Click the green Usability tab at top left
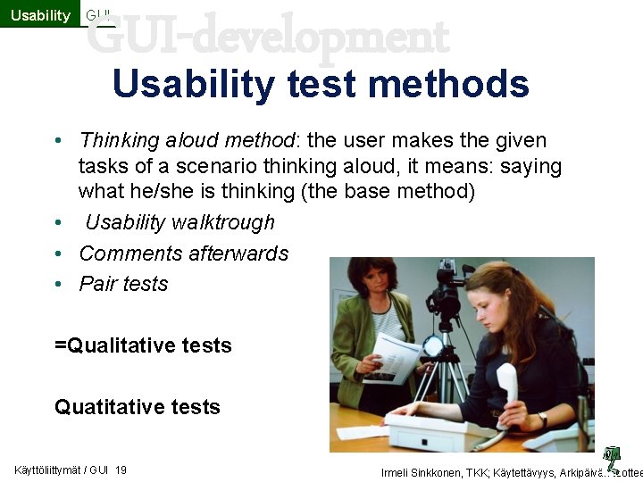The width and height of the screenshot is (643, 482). point(40,14)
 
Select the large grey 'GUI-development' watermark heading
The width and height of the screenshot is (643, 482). point(268,37)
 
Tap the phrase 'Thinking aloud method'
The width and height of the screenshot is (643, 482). point(187,141)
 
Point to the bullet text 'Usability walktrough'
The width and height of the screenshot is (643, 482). point(180,222)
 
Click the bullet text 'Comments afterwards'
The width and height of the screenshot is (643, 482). point(184,253)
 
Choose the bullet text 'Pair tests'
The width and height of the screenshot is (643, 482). point(123,284)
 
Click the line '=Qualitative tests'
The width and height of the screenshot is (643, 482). point(143,345)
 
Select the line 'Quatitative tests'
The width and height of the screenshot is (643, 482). point(137,407)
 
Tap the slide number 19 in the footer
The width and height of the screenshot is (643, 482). point(121,470)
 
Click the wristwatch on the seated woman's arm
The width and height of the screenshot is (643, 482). point(542,418)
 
